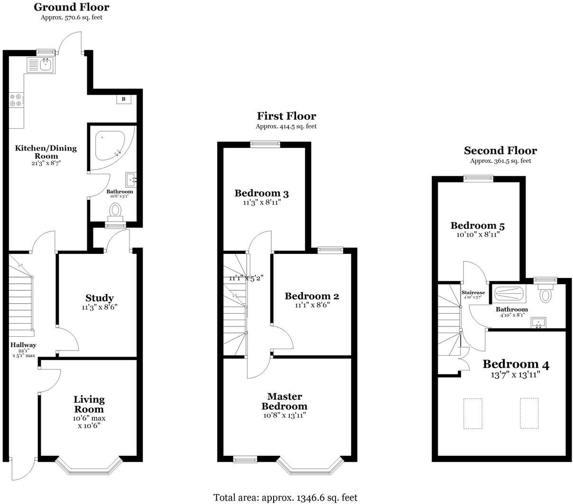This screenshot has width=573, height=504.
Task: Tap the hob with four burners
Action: point(16,100)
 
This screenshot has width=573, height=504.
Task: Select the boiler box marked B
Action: point(124,99)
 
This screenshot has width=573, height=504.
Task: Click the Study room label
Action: point(99,298)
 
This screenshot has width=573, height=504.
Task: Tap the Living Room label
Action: point(89,404)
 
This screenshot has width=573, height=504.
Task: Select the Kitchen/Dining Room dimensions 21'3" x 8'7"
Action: point(46,163)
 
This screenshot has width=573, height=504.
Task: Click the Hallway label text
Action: point(23,345)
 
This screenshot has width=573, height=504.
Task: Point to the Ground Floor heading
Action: point(72,7)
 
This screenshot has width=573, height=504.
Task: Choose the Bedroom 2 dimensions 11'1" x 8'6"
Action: point(312,305)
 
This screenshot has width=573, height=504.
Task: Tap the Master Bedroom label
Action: point(285,401)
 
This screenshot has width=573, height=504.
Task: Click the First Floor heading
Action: point(286,116)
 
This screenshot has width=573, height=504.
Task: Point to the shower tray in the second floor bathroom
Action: point(509,294)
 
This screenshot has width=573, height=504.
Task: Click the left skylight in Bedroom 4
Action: point(472,414)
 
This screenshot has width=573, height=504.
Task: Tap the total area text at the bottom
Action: point(285,497)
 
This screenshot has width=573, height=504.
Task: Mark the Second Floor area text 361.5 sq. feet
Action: point(500,161)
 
